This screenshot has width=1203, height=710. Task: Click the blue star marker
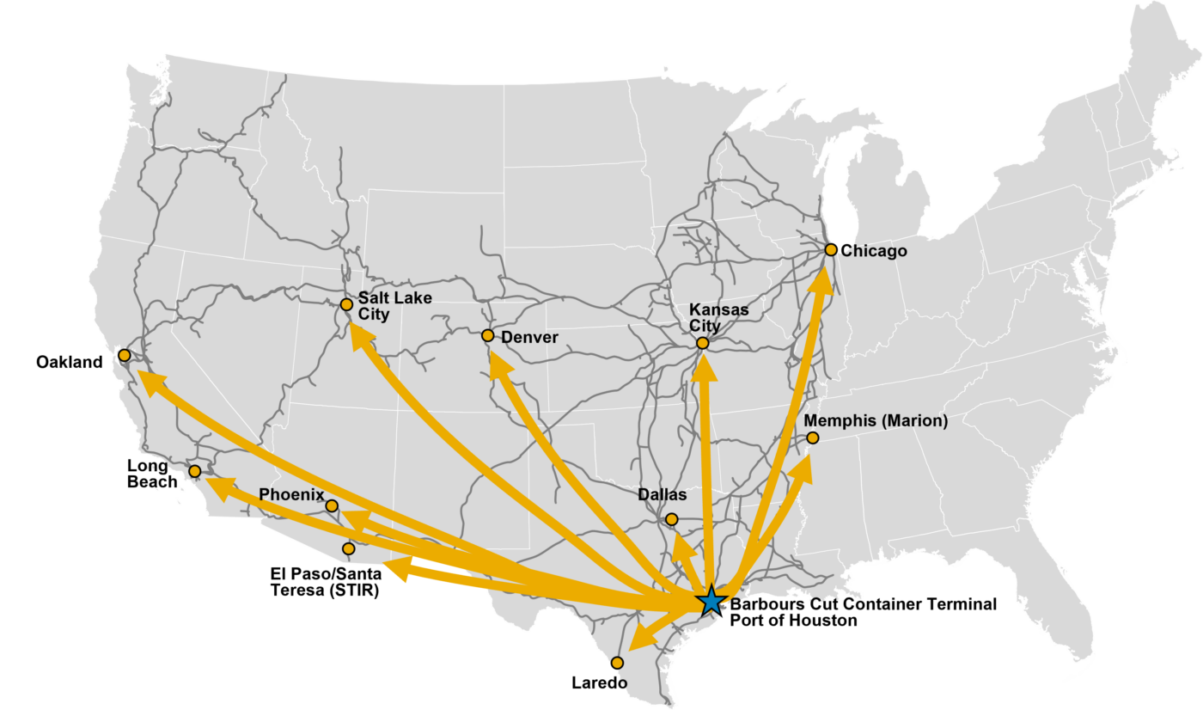click(x=710, y=601)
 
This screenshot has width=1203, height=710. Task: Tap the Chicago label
click(x=874, y=251)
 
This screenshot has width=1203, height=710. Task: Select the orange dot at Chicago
click(x=831, y=249)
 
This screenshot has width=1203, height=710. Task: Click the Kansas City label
click(x=719, y=317)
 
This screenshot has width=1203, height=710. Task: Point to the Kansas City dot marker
click(x=702, y=343)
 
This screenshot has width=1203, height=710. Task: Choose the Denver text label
click(x=529, y=337)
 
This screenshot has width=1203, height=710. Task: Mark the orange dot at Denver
click(x=488, y=335)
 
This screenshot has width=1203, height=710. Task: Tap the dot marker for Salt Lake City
click(x=346, y=304)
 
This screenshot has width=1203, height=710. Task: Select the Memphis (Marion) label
click(x=876, y=421)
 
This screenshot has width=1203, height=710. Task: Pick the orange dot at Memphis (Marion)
click(x=812, y=438)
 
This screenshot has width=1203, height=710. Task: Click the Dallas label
click(x=662, y=495)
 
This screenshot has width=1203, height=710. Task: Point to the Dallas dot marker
click(x=671, y=519)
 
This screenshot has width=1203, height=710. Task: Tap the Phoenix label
click(x=291, y=494)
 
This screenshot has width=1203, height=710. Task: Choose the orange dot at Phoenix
click(x=332, y=506)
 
